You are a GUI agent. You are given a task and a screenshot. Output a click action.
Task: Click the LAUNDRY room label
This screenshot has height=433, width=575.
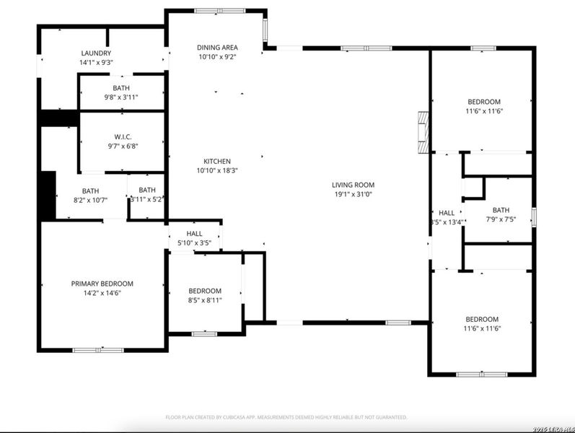pos(96,53)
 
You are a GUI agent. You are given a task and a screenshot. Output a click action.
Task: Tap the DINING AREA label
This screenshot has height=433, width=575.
pos(217,48)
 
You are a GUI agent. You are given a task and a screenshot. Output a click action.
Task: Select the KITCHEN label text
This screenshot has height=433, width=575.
pos(217,161)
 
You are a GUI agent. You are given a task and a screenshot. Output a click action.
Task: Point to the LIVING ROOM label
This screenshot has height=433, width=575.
pos(353,185)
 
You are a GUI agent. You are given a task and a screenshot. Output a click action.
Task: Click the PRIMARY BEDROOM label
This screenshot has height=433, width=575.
pos(102,284)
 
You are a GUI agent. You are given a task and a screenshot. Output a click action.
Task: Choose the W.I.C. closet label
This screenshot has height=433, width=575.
pos(122,136)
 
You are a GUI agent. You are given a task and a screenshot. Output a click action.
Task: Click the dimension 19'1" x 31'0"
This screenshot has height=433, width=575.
pos(353,193)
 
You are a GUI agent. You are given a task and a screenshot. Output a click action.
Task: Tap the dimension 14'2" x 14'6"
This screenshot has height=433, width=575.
pos(102,293)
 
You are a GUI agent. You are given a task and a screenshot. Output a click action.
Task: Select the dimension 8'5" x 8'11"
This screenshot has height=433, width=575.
pos(205,300)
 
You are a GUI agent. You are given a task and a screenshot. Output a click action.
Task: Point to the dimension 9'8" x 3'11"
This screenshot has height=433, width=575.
pos(121,97)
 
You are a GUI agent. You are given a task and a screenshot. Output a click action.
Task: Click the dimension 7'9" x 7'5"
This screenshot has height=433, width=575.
pos(500,219)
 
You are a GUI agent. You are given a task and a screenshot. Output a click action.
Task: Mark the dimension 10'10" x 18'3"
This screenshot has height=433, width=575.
pos(217,170)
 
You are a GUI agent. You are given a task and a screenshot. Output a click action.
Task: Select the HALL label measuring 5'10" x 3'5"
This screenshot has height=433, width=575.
pos(195,234)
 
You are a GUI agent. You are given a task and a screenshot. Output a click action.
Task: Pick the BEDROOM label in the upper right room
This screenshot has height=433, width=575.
pos(483,102)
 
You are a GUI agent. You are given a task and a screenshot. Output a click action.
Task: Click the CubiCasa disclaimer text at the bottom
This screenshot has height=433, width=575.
pos(287,417)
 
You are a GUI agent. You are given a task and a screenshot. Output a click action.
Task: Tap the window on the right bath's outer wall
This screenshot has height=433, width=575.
pos(534,216)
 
